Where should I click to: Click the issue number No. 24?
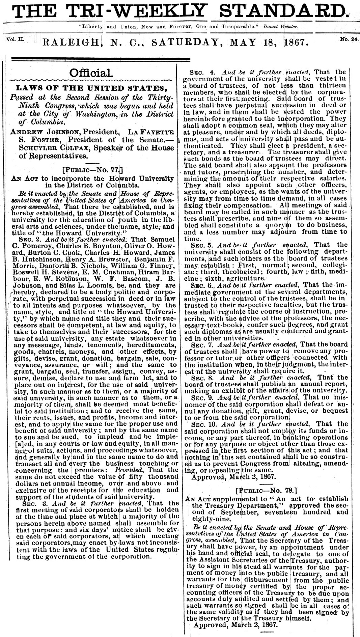349,39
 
